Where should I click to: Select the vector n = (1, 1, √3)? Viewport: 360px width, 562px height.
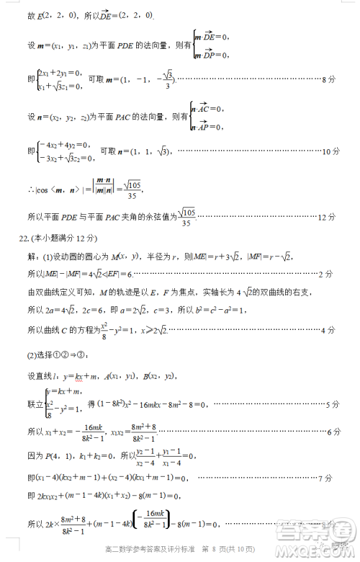pyautogui.click(x=144, y=152)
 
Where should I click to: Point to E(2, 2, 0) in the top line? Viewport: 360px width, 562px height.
pyautogui.click(x=49, y=14)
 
